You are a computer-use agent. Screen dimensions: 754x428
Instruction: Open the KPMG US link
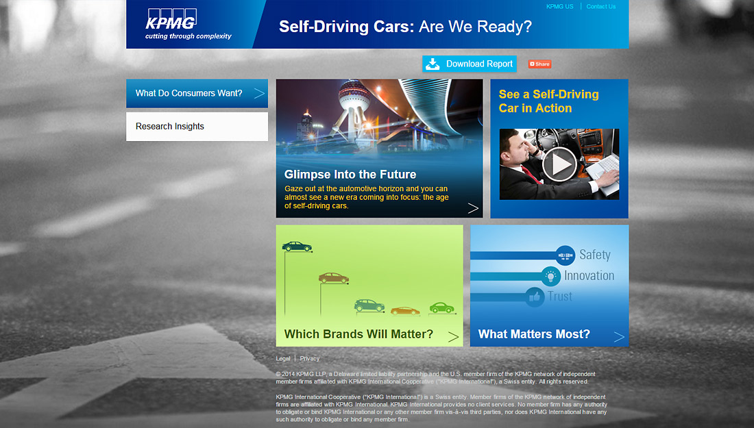560,7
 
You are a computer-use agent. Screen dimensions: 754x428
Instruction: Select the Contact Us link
600,7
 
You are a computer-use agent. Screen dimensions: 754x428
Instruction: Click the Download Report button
470,64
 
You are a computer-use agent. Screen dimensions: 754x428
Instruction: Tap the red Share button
539,64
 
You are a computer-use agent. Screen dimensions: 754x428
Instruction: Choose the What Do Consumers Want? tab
197,93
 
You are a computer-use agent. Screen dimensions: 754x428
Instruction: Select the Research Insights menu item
197,126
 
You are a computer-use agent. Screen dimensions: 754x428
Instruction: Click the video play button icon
559,164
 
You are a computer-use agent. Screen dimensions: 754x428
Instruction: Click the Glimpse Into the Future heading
350,175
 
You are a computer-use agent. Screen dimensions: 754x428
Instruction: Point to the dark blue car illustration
297,247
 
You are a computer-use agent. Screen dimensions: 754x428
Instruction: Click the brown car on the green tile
333,278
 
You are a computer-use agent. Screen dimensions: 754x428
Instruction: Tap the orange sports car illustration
405,312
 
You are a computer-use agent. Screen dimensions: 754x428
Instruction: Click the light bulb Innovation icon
550,276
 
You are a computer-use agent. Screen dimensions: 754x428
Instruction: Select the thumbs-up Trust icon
534,297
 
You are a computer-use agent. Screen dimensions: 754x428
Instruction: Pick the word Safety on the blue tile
595,255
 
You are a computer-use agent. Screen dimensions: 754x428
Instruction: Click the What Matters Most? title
534,334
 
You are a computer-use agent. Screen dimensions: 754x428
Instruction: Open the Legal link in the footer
282,359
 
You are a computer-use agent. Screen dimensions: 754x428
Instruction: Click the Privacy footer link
310,359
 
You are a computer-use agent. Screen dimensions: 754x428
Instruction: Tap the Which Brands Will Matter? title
358,334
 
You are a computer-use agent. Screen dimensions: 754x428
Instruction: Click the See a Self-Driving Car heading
548,101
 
